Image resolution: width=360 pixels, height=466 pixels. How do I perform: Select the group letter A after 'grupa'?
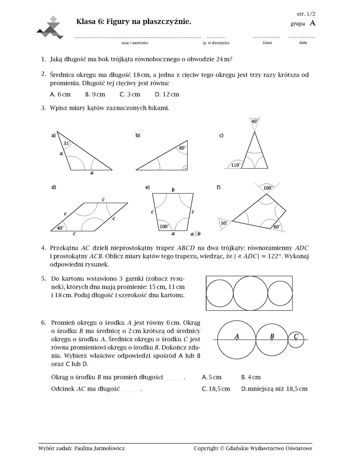pos(312,23)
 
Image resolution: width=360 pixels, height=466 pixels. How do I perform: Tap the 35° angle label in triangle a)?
pos(66,143)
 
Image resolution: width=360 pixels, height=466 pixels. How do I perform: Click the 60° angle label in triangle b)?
pos(182,148)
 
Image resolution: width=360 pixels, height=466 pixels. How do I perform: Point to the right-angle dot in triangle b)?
pos(186,168)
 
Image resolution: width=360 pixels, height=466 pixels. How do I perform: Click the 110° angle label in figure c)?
pos(235,165)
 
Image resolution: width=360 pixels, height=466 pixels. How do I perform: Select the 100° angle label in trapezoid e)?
pos(164,226)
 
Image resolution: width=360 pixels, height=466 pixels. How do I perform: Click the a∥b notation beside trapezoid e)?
pos(196,234)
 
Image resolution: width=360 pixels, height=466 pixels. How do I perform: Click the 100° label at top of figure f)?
pos(268,188)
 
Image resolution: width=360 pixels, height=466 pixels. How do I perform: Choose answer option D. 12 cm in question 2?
pos(167,94)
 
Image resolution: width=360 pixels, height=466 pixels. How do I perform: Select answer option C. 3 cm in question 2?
pos(130,94)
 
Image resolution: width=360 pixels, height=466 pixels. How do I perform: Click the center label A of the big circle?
pos(237,336)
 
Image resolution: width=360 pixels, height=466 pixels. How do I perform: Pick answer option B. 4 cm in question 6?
pos(251,377)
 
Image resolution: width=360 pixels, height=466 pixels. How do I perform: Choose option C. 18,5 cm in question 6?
pos(216,389)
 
